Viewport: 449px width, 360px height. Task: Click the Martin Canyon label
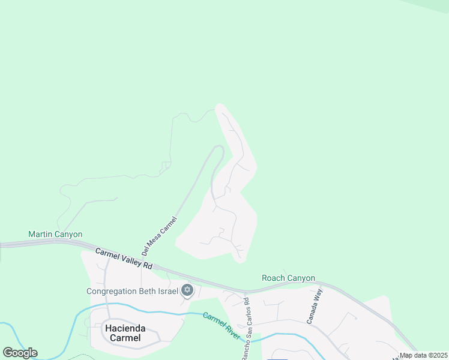[x=55, y=234]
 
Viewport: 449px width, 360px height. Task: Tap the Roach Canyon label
[x=288, y=278]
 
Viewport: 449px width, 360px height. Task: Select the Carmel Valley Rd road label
[x=124, y=257]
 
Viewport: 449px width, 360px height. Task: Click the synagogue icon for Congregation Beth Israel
[x=187, y=291]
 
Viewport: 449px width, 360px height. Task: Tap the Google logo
[x=20, y=353]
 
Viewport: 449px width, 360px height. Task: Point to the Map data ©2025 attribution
[x=423, y=355]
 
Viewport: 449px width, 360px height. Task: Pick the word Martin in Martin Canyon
[x=41, y=234]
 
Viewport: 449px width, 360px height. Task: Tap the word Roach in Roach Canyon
[x=274, y=278]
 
